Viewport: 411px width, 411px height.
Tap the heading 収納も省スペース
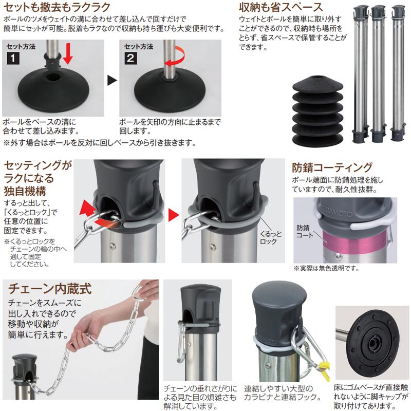point(282,8)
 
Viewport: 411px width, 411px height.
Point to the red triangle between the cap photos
point(174,212)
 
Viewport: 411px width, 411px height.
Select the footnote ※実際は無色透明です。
point(326,268)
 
